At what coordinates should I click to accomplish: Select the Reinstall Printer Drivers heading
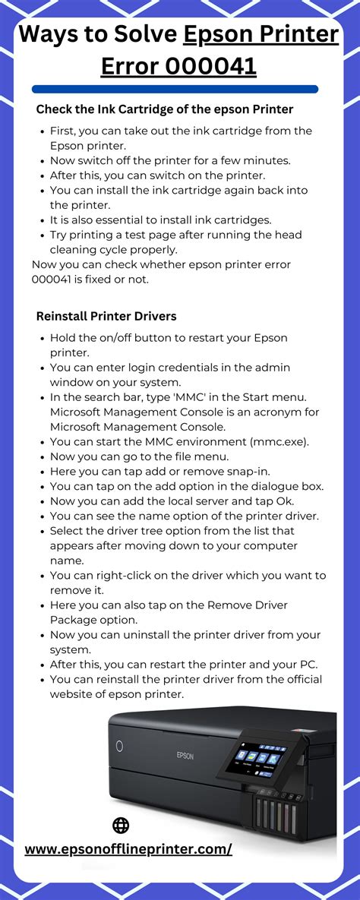pyautogui.click(x=106, y=315)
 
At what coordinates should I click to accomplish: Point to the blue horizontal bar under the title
pyautogui.click(x=175, y=89)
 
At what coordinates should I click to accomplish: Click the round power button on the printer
pyautogui.click(x=120, y=747)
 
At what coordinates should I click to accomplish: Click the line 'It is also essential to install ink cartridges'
pyautogui.click(x=160, y=220)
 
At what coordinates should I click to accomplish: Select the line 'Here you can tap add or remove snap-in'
pyautogui.click(x=159, y=472)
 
